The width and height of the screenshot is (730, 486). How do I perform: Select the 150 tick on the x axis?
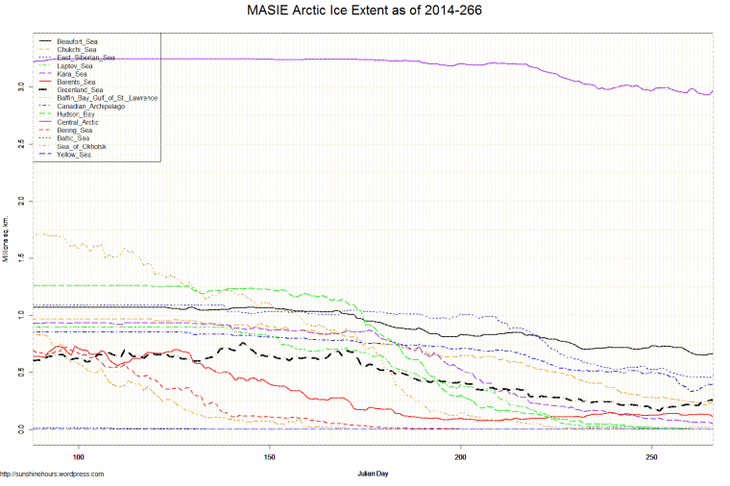pos(270,457)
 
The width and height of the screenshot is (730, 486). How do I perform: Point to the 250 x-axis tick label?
pos(651,457)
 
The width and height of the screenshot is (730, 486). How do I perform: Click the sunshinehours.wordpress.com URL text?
pos(52,474)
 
